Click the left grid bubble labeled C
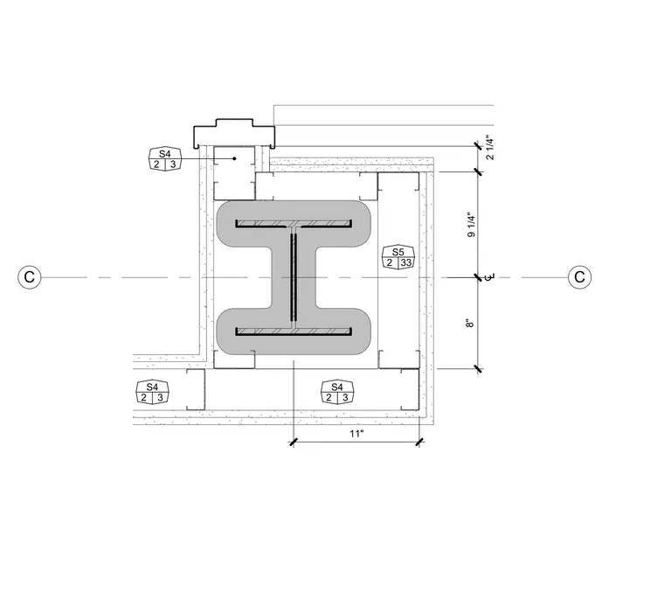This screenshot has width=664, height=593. (x=30, y=277)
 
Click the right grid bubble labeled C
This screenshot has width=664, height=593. (x=579, y=277)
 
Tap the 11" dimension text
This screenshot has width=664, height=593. (x=356, y=433)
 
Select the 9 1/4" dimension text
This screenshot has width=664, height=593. (x=471, y=225)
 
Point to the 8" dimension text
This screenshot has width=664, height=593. (x=470, y=324)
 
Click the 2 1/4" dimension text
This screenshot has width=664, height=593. (x=490, y=147)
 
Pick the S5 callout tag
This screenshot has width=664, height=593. (x=398, y=257)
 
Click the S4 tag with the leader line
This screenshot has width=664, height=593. (x=165, y=159)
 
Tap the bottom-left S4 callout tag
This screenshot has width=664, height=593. (x=152, y=392)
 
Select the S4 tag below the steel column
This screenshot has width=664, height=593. (x=337, y=392)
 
